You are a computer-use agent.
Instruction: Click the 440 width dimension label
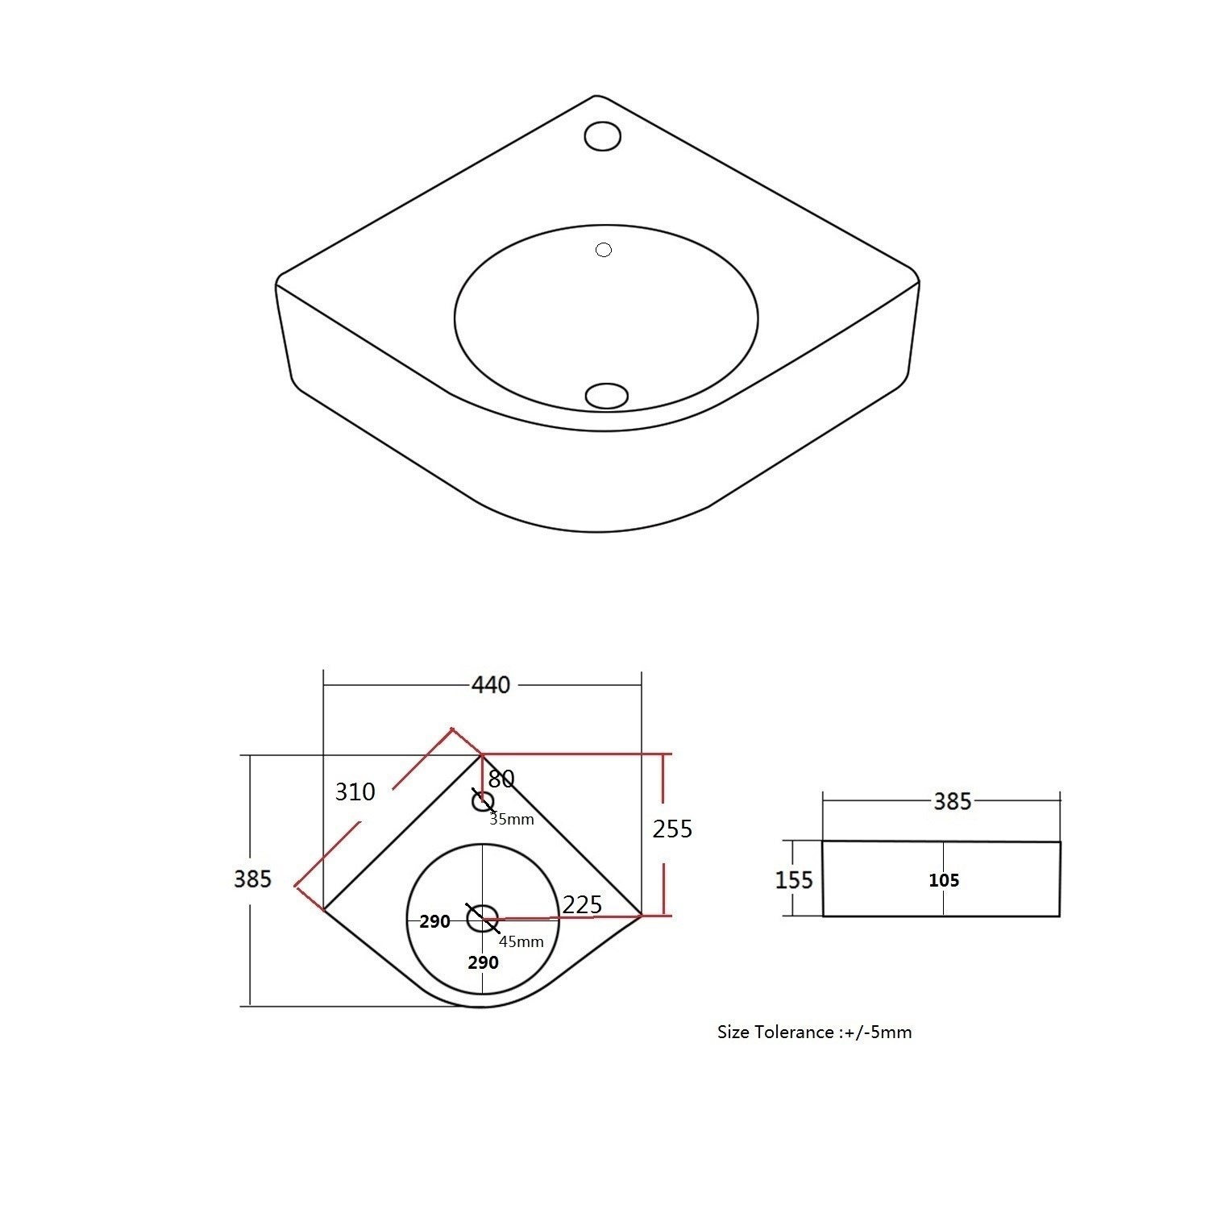491,685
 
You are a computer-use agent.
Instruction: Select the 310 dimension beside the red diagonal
355,792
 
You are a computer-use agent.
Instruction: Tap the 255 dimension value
672,829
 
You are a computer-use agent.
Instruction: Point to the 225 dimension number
582,904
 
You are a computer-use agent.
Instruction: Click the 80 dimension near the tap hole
501,779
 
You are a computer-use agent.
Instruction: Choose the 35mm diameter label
512,820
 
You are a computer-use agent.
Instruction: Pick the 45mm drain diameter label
521,941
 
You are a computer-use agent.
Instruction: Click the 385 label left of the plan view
252,879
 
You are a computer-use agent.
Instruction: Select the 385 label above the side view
952,801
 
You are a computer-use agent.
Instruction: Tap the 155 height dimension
794,879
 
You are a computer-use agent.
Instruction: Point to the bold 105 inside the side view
943,880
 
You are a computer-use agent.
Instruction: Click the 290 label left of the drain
434,922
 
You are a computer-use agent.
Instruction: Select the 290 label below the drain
483,962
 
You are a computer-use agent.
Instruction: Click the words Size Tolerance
775,1032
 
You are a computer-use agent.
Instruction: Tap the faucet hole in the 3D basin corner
602,135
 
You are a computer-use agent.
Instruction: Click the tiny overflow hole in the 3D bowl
603,250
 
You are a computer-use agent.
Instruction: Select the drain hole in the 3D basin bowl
606,396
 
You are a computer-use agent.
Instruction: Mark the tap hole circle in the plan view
482,801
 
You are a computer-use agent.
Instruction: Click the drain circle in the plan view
483,919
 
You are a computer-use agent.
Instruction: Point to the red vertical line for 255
664,834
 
